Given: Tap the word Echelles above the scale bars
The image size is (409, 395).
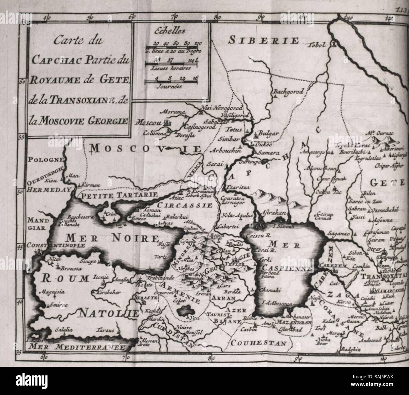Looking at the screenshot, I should (170, 31).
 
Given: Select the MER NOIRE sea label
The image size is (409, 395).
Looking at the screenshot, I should (116, 237).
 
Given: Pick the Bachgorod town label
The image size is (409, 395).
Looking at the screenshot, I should (288, 92).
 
